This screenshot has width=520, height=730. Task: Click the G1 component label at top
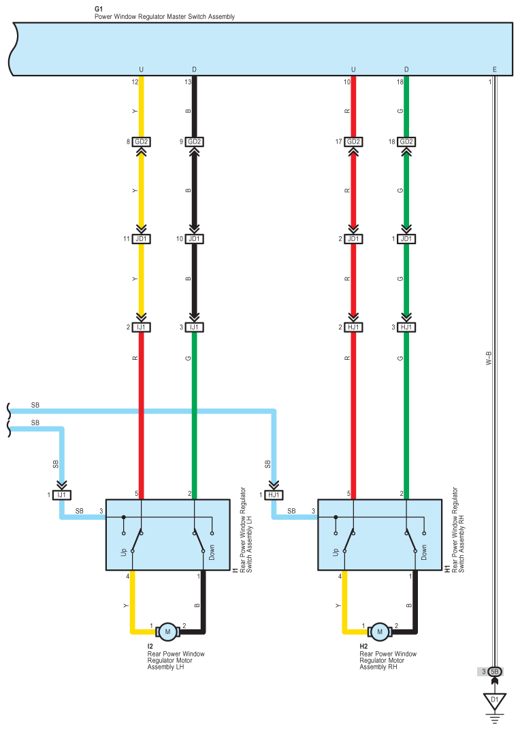98,9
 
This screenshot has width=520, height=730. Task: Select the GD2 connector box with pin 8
142,142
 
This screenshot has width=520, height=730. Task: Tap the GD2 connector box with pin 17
353,142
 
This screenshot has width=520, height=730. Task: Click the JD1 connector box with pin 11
142,239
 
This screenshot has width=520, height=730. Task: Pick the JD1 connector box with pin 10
195,239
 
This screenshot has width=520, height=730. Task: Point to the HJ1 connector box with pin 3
406,327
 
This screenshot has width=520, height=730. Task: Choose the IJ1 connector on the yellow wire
142,327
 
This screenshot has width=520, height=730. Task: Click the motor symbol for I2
167,632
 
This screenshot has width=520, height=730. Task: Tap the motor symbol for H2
380,632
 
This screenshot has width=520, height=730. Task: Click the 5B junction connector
495,671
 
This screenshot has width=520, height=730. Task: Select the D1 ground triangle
495,699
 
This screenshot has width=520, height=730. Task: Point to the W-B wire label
488,359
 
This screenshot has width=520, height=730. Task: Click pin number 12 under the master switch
135,82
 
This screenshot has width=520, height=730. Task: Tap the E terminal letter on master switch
495,69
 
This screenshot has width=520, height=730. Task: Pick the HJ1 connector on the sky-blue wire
275,495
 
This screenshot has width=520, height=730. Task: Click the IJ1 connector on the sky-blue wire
63,495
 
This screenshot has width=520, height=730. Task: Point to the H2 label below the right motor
363,646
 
